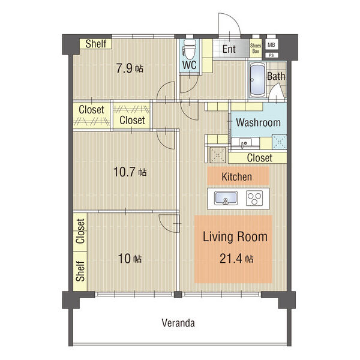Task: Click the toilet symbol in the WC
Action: (190, 50)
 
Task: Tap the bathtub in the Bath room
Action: (257, 79)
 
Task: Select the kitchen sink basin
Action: (226, 198)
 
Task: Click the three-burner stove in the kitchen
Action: (254, 198)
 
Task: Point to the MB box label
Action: (271, 45)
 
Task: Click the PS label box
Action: (271, 55)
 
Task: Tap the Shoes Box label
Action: (256, 49)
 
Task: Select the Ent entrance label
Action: (229, 49)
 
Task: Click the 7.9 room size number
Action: (124, 68)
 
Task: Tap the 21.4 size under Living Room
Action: (231, 259)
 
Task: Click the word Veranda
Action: (178, 323)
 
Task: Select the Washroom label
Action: (258, 122)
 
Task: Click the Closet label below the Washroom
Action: (260, 158)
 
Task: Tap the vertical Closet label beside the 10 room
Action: (80, 231)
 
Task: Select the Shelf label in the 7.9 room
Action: (96, 44)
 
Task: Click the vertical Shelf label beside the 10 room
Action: (80, 271)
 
